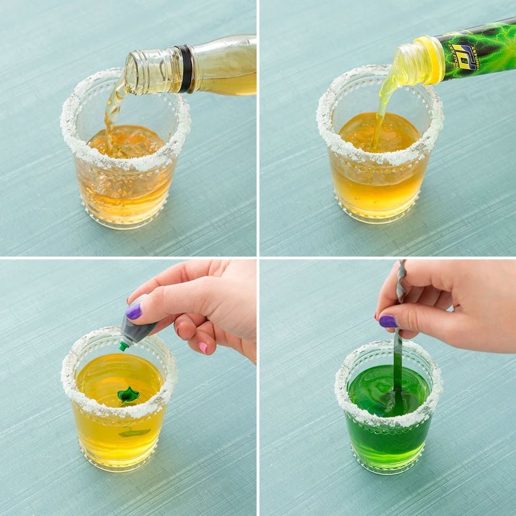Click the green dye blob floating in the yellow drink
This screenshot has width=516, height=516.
[128, 394]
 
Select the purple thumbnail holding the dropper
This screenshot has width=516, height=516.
[134, 311]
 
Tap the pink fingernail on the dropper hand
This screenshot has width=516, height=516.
[203, 348]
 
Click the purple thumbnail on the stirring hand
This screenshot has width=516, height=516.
[388, 321]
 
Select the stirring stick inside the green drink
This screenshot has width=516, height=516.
[398, 369]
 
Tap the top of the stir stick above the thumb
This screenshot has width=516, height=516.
[402, 274]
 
